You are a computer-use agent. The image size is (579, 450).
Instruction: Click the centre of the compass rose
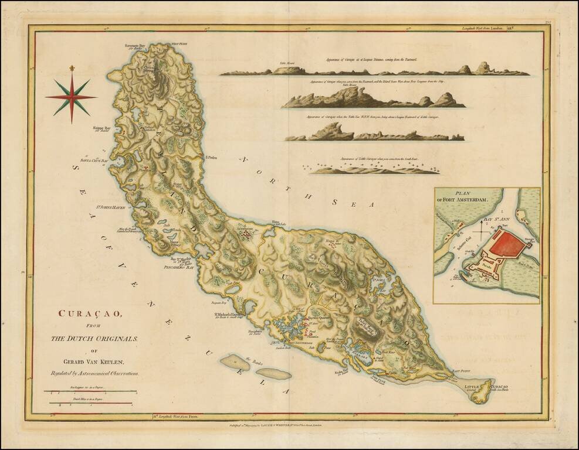[x=72, y=97]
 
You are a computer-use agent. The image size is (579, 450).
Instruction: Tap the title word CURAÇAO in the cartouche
[x=89, y=313]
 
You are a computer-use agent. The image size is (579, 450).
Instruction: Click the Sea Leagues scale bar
[x=89, y=391]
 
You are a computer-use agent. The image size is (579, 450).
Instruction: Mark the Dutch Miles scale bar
[x=89, y=403]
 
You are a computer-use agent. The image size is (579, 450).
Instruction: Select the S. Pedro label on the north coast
[x=211, y=157]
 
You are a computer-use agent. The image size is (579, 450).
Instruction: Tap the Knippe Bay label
[x=102, y=127]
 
